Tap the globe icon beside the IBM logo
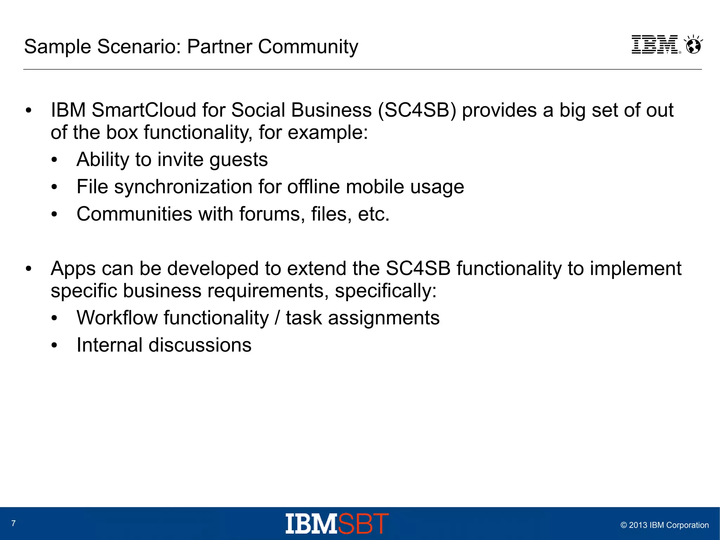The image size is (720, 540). (x=693, y=45)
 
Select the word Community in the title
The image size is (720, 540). (x=308, y=46)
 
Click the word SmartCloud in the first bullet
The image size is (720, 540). (x=144, y=110)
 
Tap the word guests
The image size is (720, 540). (x=239, y=160)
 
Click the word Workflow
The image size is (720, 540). (x=117, y=318)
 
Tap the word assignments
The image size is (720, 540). (x=384, y=318)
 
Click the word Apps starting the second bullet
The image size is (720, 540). (x=73, y=269)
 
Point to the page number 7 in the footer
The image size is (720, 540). (x=13, y=523)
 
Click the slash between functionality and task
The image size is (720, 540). (x=277, y=318)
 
